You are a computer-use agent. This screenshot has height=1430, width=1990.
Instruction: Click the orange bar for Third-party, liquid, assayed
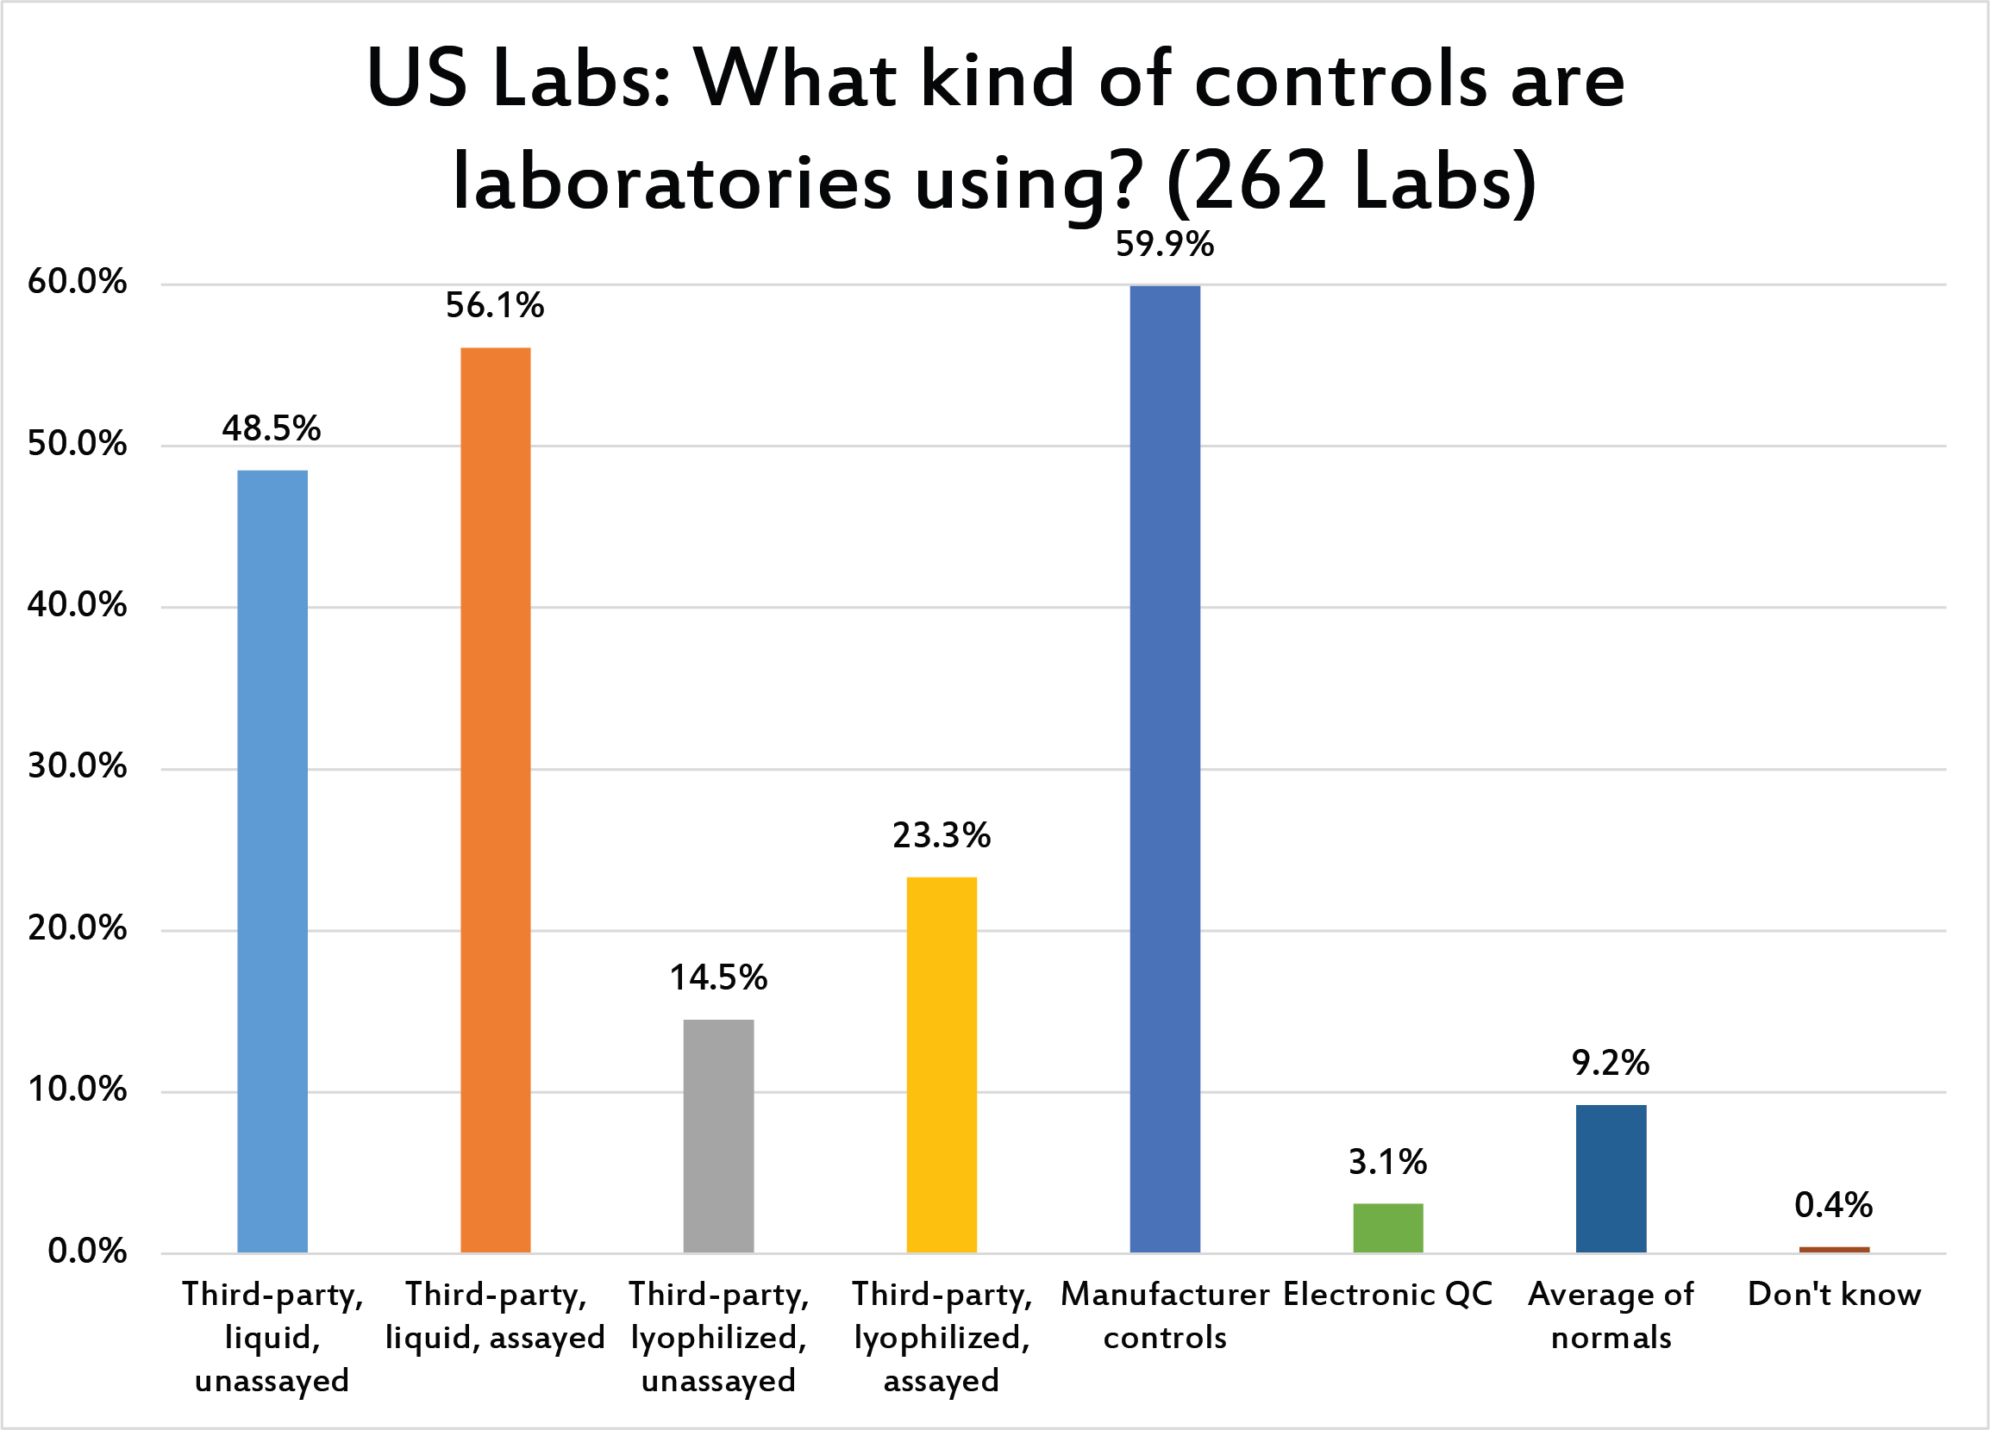click(x=495, y=799)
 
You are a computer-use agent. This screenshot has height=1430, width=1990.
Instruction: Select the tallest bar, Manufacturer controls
click(x=1164, y=769)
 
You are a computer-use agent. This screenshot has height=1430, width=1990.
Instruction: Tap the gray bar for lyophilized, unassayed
click(x=717, y=1135)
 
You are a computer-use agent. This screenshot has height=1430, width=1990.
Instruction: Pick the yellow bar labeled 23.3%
click(x=941, y=1065)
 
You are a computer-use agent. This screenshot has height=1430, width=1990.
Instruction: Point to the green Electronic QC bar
click(x=1387, y=1227)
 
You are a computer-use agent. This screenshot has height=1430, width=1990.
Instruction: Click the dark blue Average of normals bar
click(x=1610, y=1178)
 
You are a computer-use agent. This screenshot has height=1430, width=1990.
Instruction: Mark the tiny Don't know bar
click(x=1834, y=1249)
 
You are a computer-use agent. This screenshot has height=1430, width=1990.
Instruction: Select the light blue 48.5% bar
click(x=272, y=860)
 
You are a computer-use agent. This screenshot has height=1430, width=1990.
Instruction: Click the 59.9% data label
click(x=1164, y=245)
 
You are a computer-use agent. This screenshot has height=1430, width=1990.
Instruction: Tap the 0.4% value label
click(x=1834, y=1205)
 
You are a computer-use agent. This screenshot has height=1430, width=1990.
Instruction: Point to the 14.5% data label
click(x=717, y=977)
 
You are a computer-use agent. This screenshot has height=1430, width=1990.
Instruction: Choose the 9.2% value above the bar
click(x=1610, y=1063)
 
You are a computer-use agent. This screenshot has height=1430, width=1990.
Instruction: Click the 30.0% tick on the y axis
click(x=78, y=767)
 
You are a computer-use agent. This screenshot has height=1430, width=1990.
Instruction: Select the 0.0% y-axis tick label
click(x=87, y=1251)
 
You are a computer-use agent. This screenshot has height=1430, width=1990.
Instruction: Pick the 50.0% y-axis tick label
click(x=78, y=444)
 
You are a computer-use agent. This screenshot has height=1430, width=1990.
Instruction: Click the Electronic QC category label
click(x=1387, y=1294)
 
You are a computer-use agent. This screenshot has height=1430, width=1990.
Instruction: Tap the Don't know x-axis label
click(x=1834, y=1294)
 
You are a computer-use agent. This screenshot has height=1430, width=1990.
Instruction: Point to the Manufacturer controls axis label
click(x=1164, y=1315)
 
